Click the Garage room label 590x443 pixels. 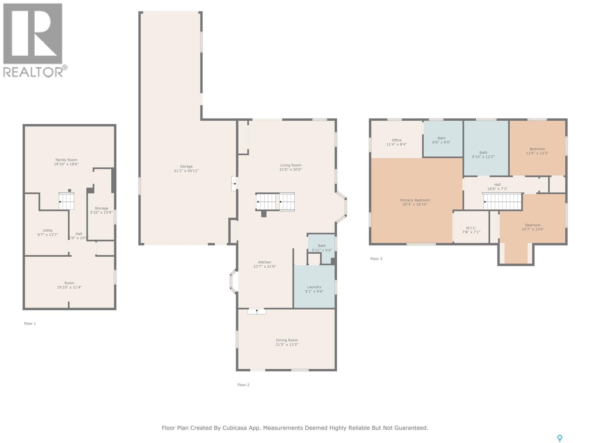[186, 166]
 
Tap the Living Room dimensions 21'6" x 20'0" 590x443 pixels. [291, 170]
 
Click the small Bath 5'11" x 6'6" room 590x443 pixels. [322, 248]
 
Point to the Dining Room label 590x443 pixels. [287, 340]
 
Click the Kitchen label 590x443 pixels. [264, 262]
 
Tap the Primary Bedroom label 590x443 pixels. [415, 200]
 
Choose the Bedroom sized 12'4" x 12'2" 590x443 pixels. [537, 151]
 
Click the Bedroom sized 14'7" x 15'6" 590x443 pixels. [533, 227]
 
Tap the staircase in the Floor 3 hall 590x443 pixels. [503, 202]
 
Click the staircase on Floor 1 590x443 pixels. [66, 201]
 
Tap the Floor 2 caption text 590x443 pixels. [243, 385]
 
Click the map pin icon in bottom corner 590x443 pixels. [559, 438]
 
